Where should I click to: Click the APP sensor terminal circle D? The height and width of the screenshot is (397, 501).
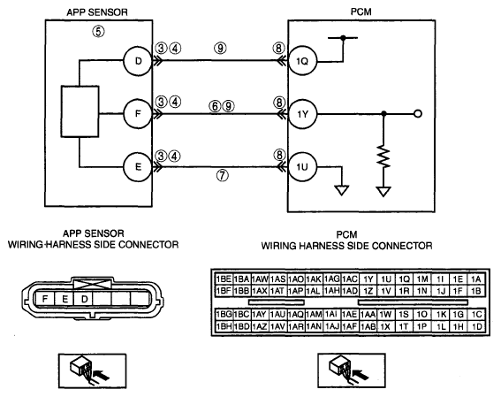[x=138, y=61]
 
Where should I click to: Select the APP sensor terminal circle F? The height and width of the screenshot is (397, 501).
[x=138, y=114]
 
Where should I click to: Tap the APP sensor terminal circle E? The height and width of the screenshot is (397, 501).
[x=138, y=166]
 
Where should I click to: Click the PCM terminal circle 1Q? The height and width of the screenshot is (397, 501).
[x=302, y=61]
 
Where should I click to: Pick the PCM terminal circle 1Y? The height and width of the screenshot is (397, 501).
[x=302, y=114]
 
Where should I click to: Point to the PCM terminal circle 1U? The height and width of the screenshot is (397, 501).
[x=302, y=167]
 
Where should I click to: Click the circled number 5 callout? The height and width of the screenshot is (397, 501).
[x=98, y=31]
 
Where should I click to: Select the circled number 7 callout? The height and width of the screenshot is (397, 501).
[x=223, y=175]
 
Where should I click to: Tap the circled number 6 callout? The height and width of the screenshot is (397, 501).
[x=215, y=106]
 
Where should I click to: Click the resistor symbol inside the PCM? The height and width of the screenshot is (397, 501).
[x=383, y=157]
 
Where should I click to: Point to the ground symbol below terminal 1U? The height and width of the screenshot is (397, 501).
[x=342, y=190]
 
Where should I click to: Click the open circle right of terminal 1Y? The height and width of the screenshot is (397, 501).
[x=418, y=114]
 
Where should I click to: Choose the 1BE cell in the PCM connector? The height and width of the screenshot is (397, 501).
[x=224, y=279]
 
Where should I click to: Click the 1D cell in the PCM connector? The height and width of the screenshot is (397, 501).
[x=476, y=326]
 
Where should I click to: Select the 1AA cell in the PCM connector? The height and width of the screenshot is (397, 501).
[x=368, y=315]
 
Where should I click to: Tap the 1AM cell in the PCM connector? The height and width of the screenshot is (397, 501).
[x=314, y=315]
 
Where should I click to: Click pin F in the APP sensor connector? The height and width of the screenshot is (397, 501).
[x=45, y=299]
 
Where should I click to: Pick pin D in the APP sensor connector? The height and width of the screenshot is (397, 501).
[x=84, y=299]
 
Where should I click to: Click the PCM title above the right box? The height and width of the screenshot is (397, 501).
[x=361, y=11]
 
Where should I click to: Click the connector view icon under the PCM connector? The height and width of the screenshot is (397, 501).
[x=351, y=370]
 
